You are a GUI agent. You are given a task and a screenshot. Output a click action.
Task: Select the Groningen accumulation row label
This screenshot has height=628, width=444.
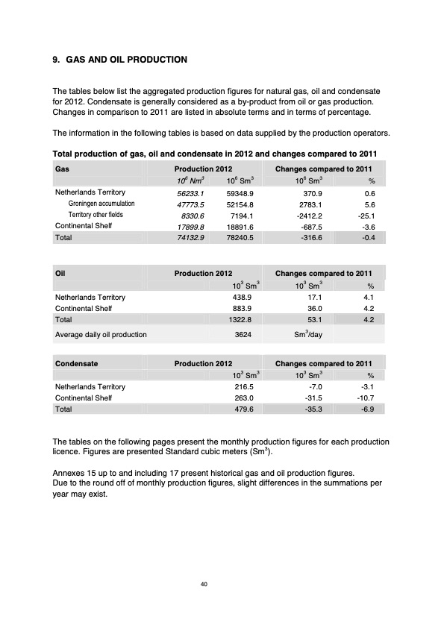coord(101,203)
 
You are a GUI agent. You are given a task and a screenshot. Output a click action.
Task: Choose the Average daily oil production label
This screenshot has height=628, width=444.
coord(101,335)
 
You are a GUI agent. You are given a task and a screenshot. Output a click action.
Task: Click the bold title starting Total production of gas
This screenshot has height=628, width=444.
coord(216,154)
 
